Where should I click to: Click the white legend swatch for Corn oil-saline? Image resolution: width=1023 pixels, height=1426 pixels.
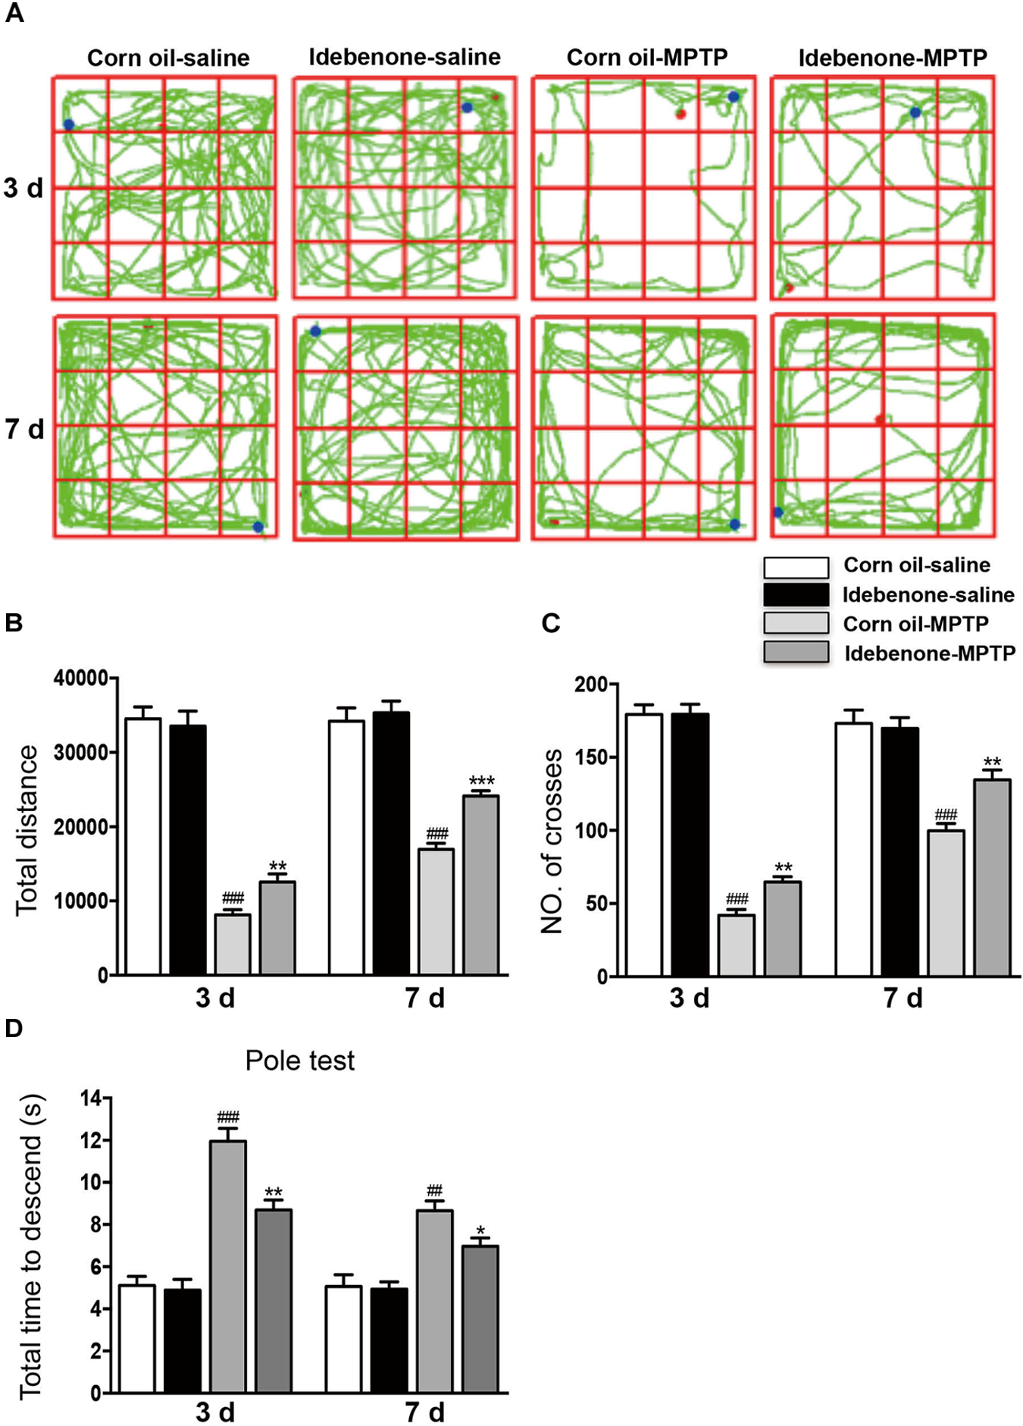tap(796, 567)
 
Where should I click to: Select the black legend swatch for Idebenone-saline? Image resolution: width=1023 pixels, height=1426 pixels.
tap(796, 595)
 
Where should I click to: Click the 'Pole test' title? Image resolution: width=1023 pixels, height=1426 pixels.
tap(300, 1061)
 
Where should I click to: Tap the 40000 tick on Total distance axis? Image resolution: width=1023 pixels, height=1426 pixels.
tap(81, 679)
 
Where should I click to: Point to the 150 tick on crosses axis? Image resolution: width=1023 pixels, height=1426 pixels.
tap(591, 757)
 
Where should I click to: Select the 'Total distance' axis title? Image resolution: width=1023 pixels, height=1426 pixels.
tap(27, 829)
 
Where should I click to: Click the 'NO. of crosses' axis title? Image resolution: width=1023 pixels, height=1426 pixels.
tap(552, 841)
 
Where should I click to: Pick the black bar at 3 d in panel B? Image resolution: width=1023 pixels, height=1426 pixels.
tap(188, 849)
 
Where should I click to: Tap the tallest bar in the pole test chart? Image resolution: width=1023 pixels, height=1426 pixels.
tap(227, 1266)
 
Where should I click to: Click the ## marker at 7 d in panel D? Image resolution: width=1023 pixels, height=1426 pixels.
tap(434, 1190)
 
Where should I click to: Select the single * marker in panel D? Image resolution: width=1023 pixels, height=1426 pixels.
tap(480, 1230)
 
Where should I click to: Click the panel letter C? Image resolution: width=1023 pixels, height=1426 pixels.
tap(551, 623)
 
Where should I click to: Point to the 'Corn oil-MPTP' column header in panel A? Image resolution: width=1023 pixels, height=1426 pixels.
tap(647, 58)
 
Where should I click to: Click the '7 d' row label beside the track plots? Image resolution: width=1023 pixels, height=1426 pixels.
tap(24, 430)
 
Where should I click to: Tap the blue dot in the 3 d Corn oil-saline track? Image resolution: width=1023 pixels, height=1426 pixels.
tap(69, 124)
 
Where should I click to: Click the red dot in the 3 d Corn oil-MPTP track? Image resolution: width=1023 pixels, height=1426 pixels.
tap(680, 114)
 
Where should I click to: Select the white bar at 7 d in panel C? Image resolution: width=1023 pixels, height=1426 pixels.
tap(854, 849)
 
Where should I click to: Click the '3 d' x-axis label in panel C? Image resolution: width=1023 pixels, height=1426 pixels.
tap(689, 998)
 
